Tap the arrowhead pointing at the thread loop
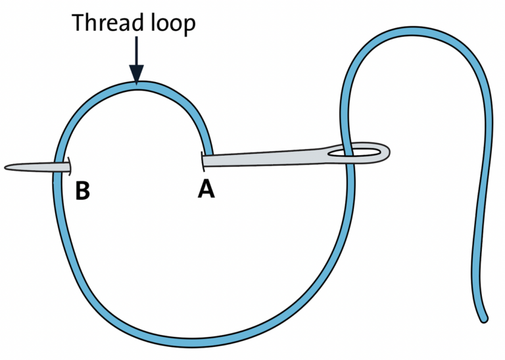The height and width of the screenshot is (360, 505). click(135, 76)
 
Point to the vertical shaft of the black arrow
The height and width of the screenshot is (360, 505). click(135, 53)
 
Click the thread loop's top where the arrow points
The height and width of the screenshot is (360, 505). click(136, 85)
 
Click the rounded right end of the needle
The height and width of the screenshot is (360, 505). click(389, 153)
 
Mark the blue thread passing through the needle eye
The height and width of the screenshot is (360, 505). click(347, 153)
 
